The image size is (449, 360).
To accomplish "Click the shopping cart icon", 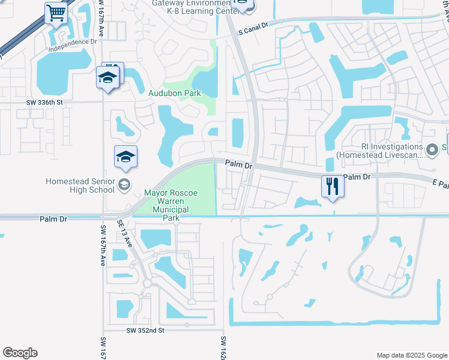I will click(56, 12).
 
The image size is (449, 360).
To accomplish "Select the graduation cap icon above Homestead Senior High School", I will click(125, 157).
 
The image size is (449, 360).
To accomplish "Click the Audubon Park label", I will click(175, 93).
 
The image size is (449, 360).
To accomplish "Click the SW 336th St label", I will click(44, 103).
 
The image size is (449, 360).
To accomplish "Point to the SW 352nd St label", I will click(145, 330).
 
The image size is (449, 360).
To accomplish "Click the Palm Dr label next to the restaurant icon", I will click(360, 177).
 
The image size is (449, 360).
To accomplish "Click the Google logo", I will click(20, 353).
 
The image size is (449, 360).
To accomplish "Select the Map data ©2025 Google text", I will click(411, 355).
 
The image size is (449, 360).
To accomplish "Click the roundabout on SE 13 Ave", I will click(146, 283).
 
